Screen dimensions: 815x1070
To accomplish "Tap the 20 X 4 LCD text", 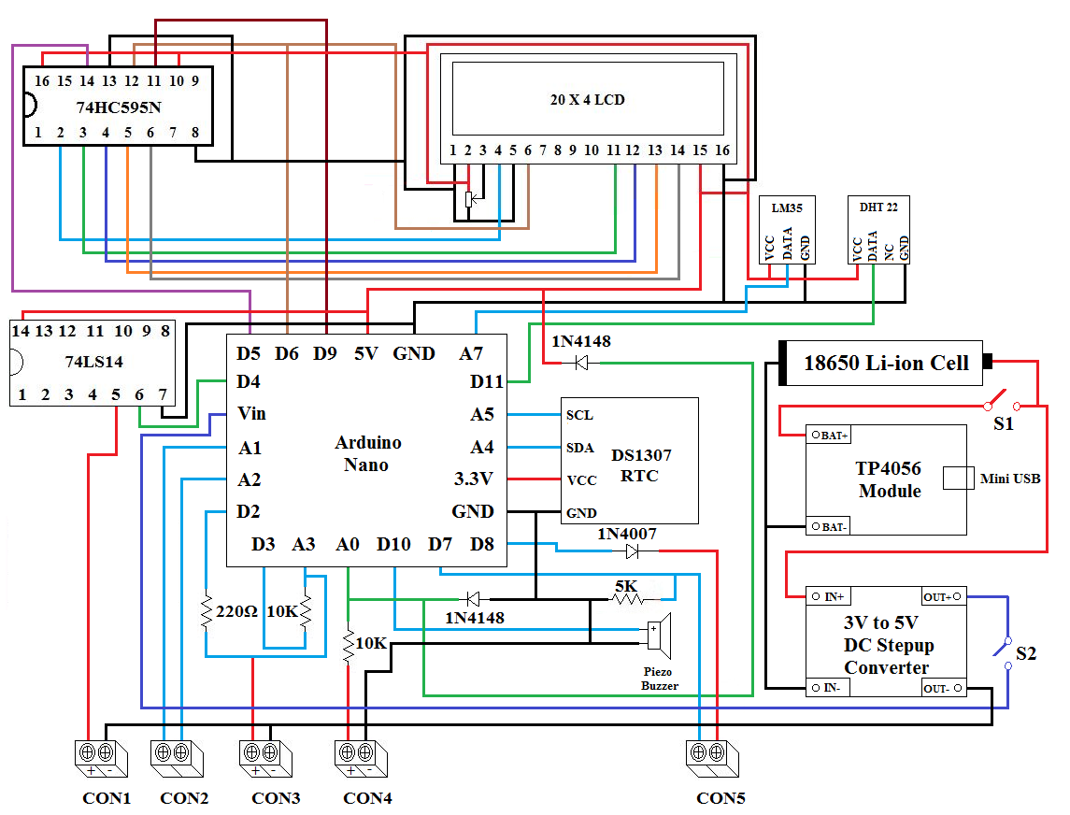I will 587,99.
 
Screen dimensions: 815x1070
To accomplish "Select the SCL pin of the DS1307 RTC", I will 579,414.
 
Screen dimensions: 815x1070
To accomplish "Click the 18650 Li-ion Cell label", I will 886,363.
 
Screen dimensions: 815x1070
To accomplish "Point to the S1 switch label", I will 1003,423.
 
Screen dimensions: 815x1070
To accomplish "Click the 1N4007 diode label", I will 627,534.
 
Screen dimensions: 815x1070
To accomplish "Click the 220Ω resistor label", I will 237,613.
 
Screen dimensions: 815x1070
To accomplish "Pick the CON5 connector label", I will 720,798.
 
